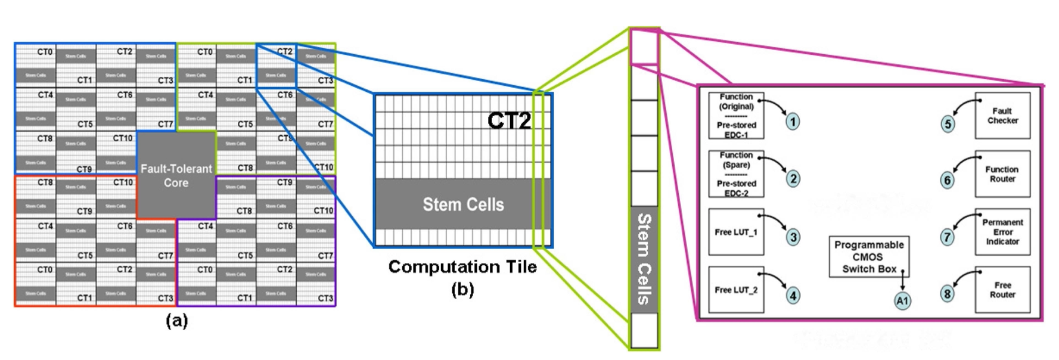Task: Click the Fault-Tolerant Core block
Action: click(176, 175)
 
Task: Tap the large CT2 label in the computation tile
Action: click(509, 120)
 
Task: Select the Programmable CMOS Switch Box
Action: click(869, 257)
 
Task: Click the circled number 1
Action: click(792, 122)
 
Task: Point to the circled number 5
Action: click(948, 124)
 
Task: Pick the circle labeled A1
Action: click(902, 301)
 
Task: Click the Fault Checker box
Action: click(1002, 116)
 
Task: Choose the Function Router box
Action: click(1002, 174)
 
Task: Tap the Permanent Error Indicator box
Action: click(1002, 232)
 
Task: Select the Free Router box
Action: click(1002, 290)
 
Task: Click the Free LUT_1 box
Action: click(736, 232)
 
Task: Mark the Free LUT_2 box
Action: click(736, 290)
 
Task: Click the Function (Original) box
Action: click(736, 116)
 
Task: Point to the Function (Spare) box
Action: click(736, 174)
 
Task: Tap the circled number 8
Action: click(947, 293)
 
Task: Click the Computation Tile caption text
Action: click(462, 266)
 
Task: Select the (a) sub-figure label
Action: click(176, 321)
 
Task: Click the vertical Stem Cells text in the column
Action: click(644, 259)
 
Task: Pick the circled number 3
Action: click(793, 237)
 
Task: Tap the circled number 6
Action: click(947, 180)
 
